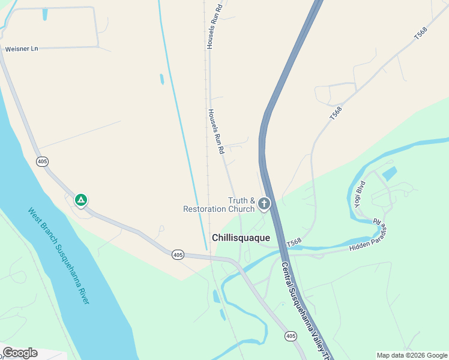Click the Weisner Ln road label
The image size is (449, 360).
point(21,49)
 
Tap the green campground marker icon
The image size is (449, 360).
point(80,199)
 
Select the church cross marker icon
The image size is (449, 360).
point(264,204)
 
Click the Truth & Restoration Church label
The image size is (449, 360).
point(219,205)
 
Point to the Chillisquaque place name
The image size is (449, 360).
point(241,238)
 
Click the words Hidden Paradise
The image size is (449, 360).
point(369,245)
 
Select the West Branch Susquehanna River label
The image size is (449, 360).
point(58,255)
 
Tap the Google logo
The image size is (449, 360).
point(20,353)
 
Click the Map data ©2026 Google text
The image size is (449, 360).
point(412,355)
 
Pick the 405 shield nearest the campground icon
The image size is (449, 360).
point(42,161)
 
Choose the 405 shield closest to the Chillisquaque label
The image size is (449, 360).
point(178,255)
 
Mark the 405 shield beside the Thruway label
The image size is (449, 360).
point(291,336)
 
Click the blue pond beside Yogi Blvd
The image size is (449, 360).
point(389,174)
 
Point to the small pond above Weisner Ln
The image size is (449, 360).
point(44,14)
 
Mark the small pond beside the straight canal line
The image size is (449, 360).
point(162,79)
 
